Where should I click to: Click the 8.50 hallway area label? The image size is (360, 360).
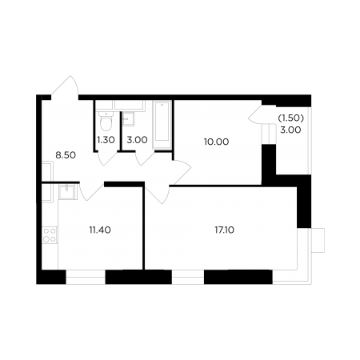coord(66,155)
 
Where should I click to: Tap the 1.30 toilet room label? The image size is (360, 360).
coord(106,140)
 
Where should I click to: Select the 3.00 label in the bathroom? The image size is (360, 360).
coord(137,140)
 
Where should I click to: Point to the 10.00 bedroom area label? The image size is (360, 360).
coord(216,142)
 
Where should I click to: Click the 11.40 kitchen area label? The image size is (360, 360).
coord(100,230)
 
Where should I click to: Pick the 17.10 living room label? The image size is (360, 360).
coord(225,230)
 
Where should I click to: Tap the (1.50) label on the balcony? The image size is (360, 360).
coord(291,118)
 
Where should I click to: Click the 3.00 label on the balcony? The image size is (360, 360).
coord(290,130)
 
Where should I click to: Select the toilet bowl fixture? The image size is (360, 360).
coord(106,122)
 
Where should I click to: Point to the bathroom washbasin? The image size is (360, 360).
coord(128,119)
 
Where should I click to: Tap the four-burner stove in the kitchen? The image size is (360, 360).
coord(50,235)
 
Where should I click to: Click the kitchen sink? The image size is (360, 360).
coord(66,192)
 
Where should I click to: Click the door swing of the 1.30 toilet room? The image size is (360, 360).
coord(106,158)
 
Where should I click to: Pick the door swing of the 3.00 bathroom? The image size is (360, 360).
coord(145,158)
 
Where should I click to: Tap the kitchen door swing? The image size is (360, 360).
coord(91,191)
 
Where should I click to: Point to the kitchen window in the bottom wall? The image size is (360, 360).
coord(86,277)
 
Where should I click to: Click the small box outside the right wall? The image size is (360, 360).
coord(318,240)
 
